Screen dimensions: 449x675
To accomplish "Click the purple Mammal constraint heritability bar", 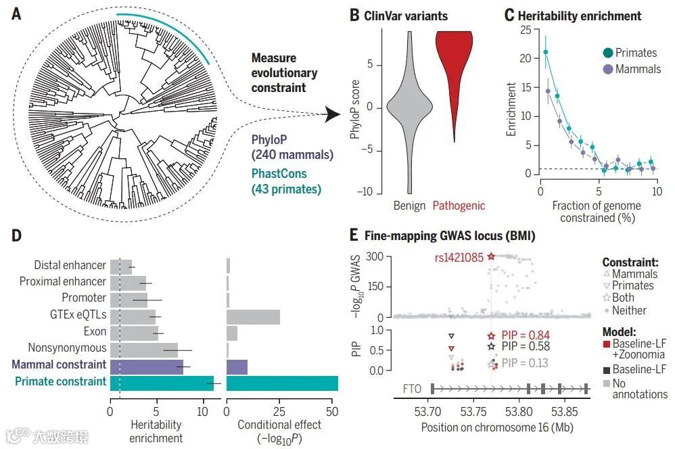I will click(x=147, y=367).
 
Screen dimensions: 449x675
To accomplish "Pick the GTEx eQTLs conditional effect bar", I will click(x=253, y=316).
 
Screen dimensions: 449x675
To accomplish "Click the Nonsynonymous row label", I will click(x=67, y=348).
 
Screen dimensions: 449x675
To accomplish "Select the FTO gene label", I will click(x=413, y=389).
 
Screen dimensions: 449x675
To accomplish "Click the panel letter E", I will click(x=354, y=236).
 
